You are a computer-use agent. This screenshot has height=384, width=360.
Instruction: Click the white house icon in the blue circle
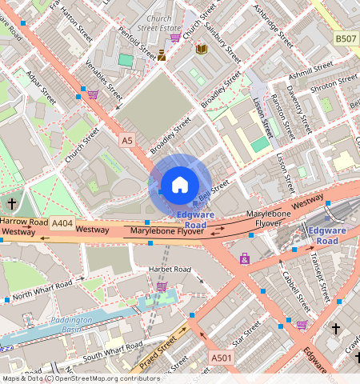pos(180,185)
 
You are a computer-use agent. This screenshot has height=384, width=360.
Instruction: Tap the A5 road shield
pos(126,140)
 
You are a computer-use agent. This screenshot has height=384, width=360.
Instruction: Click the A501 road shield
pos(221,356)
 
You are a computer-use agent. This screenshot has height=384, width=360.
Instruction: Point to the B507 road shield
pos(346,38)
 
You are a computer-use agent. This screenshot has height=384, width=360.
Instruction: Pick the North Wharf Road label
pos(48,288)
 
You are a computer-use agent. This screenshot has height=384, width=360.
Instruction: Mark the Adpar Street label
pos(41,86)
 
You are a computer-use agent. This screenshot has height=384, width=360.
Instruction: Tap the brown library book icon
pos(202,50)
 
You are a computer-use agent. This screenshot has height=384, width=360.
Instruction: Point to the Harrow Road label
pos(24,221)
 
